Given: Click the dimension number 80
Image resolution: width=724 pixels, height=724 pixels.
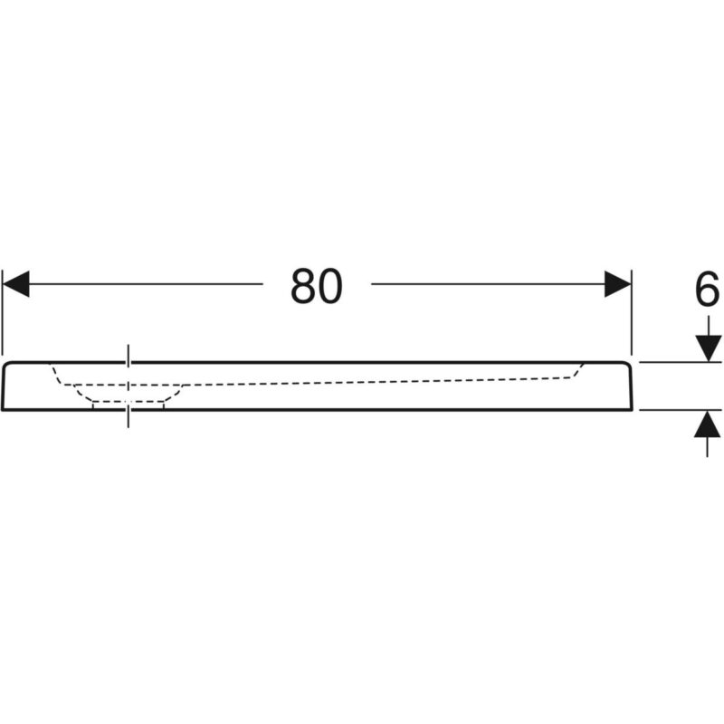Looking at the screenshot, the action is point(316,286).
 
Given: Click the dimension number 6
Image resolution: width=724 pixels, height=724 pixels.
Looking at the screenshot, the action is point(707,290).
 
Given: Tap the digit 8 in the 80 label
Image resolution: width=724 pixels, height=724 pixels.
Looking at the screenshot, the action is point(303,286).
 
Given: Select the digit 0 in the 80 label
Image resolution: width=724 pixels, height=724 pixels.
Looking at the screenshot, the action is point(329,286).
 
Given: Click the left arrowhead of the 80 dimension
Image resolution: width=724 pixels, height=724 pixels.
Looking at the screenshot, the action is point(16,284).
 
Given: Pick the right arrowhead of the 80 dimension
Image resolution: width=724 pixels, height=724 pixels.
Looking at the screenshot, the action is point(618,284).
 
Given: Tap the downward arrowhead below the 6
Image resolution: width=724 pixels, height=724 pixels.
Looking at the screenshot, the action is point(708,348).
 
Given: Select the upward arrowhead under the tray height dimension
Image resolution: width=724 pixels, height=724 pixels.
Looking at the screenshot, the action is point(708,424).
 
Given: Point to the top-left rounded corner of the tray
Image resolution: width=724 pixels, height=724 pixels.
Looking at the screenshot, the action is point(5,366).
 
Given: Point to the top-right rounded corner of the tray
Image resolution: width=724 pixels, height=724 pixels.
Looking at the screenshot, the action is point(629,366).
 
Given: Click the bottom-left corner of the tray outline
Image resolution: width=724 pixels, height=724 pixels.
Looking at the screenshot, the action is point(3,409).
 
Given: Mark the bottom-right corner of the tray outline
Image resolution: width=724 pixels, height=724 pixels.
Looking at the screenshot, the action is point(632,409).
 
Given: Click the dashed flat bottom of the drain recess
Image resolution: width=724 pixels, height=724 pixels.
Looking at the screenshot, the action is point(129,401).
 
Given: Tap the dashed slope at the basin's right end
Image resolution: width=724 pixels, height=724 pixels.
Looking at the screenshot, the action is point(578,370).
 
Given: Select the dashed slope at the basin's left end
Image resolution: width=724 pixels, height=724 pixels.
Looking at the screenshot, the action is point(56,374).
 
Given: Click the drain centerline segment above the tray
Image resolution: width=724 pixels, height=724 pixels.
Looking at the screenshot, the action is point(129,355).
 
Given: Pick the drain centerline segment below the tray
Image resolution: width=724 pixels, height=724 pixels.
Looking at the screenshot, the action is point(129,419).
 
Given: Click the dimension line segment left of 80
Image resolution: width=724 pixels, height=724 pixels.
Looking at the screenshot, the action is point(146,284).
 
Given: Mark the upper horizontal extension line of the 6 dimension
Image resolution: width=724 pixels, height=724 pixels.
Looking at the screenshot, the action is point(681,363).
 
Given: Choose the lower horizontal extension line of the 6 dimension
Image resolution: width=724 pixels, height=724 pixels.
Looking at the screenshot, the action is point(681,410).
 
